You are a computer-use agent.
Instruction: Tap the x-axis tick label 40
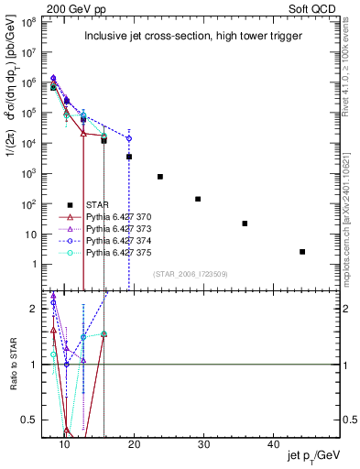(x=274, y=444)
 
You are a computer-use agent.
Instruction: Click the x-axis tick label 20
(x=135, y=444)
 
